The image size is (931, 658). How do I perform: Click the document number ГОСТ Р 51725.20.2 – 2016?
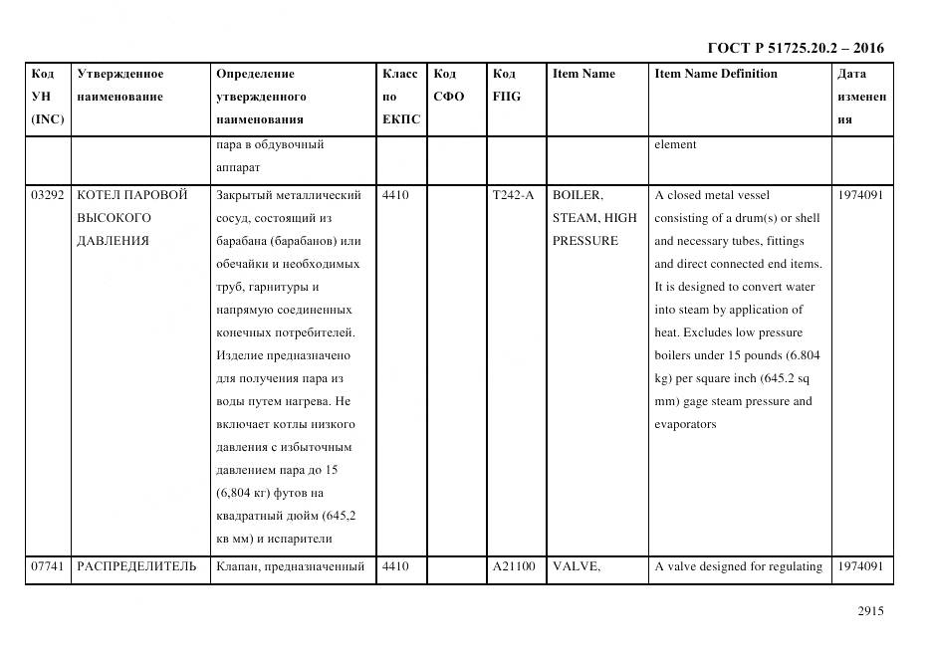pyautogui.click(x=795, y=48)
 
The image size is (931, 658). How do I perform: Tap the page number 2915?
pyautogui.click(x=870, y=612)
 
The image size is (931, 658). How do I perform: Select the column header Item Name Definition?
pyautogui.click(x=716, y=74)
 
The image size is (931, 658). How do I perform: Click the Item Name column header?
pyautogui.click(x=583, y=74)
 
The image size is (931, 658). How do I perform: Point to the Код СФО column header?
pyautogui.click(x=449, y=86)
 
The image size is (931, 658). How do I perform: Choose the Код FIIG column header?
pyautogui.click(x=506, y=86)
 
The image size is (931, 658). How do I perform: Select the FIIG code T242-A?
pyautogui.click(x=513, y=195)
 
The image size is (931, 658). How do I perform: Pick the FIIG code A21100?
pyautogui.click(x=513, y=567)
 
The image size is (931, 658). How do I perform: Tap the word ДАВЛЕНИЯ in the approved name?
pyautogui.click(x=111, y=241)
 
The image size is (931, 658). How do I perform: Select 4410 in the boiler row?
pyautogui.click(x=395, y=195)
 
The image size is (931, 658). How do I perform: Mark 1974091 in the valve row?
pyautogui.click(x=860, y=567)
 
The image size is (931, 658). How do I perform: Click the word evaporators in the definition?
pyautogui.click(x=685, y=425)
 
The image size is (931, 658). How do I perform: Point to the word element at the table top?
pyautogui.click(x=675, y=144)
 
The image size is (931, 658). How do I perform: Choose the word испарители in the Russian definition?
pyautogui.click(x=298, y=540)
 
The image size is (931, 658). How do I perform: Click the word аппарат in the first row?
pyautogui.click(x=238, y=168)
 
